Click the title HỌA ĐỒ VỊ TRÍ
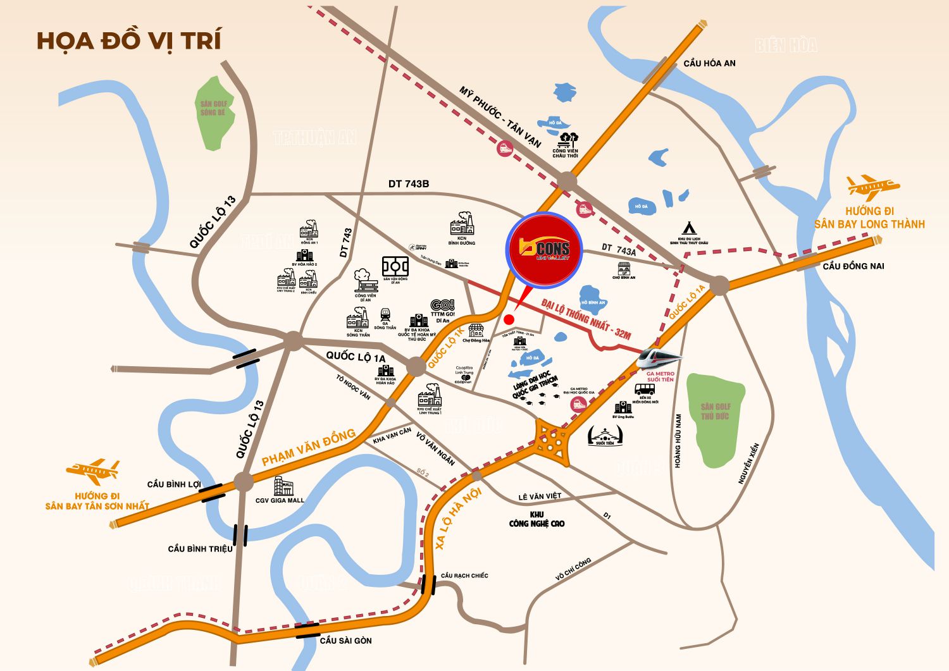click(x=129, y=40)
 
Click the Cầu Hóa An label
click(x=709, y=63)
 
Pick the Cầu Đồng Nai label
click(x=853, y=266)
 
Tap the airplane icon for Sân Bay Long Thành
click(x=872, y=187)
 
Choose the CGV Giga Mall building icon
click(x=283, y=486)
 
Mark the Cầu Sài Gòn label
click(x=345, y=641)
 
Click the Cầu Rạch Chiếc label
click(x=464, y=576)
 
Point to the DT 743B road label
click(x=409, y=184)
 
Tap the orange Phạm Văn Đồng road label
click(x=308, y=447)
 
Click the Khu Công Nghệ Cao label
click(x=537, y=519)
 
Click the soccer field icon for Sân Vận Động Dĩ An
click(x=395, y=267)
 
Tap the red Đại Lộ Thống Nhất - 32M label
click(x=586, y=319)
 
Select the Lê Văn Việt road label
click(x=540, y=497)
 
